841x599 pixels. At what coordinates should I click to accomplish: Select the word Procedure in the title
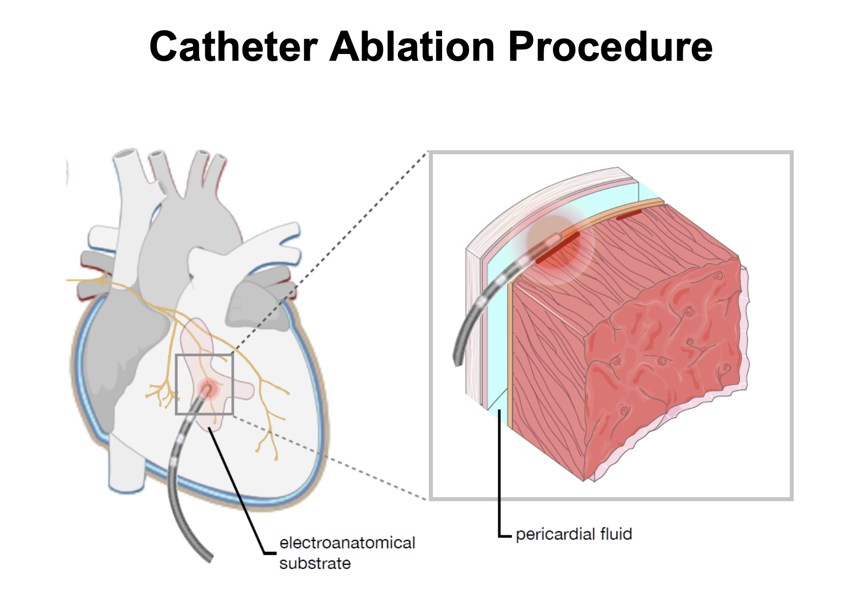[610, 48]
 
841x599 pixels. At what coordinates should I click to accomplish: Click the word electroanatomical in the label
[347, 543]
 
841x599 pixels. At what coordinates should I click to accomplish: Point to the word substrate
[315, 563]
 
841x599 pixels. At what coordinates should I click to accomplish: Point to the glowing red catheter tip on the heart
[208, 390]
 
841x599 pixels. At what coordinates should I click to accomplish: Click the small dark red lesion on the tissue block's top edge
[629, 215]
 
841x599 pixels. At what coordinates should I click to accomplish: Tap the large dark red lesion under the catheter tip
[558, 248]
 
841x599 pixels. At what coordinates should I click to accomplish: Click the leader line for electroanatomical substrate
[238, 490]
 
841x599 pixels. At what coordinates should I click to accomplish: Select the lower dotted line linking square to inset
[333, 458]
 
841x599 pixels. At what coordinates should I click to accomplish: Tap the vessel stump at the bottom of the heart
[126, 471]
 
